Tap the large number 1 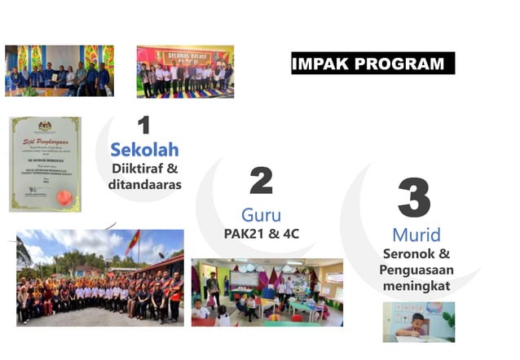coord(144,125)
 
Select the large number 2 coord(261,180)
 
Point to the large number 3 coord(415,199)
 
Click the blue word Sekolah coord(144,150)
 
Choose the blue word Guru coord(261,215)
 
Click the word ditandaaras coord(144,185)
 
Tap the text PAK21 coord(242,234)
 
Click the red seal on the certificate coord(64,197)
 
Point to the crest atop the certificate coord(46,126)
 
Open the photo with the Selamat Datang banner coord(185,71)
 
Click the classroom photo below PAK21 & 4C coord(267,292)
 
